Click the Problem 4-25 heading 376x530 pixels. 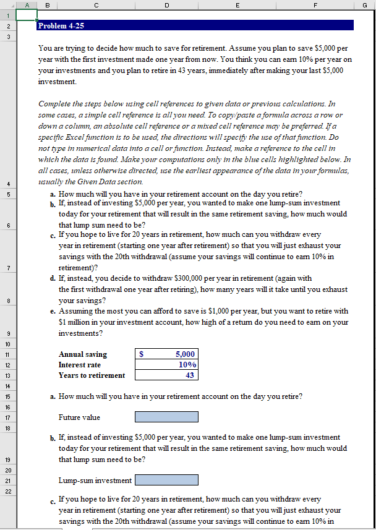pos(61,26)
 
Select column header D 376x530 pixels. pos(166,4)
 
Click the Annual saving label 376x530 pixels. pos(82,354)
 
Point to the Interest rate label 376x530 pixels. pos(79,365)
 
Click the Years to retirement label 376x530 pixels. pos(92,375)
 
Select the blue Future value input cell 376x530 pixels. pos(166,417)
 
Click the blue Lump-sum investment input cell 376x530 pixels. pos(166,480)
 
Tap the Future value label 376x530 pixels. pos(79,417)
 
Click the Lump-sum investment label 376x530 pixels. pos(95,481)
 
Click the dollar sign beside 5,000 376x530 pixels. pos(142,354)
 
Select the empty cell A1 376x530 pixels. pos(27,15)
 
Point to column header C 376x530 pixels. pos(96,4)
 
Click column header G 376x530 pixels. pos(365,4)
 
